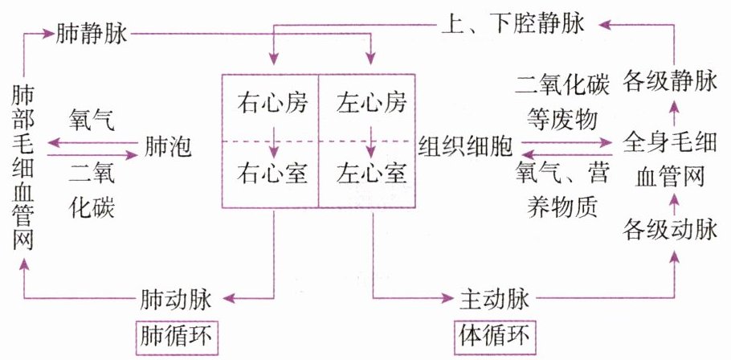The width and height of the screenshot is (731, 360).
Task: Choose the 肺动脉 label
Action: [174, 300]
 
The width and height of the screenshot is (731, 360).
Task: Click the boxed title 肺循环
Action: [174, 333]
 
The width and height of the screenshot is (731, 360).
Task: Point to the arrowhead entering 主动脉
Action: [445, 300]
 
